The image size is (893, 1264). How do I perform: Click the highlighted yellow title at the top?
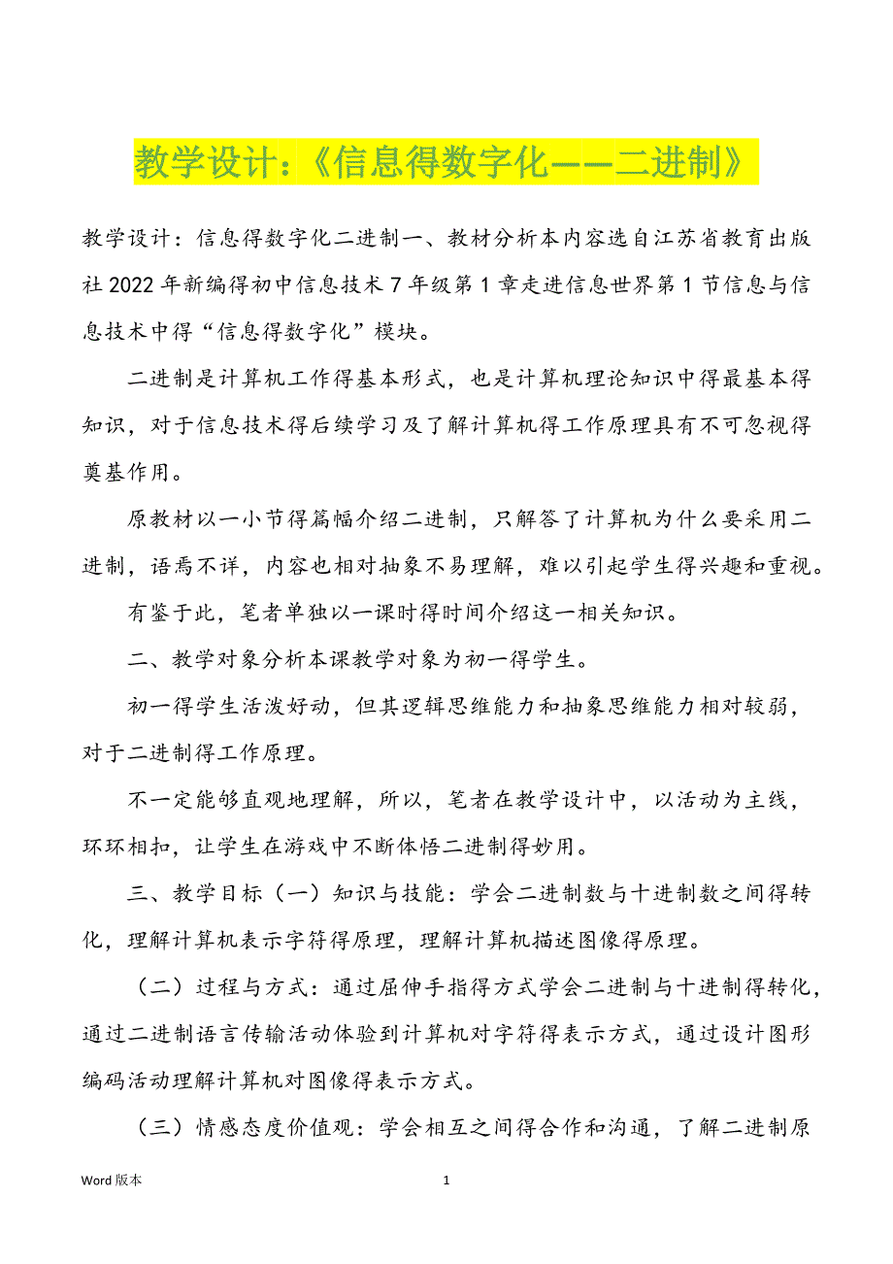[x=445, y=161]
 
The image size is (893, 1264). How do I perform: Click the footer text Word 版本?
[x=112, y=1181]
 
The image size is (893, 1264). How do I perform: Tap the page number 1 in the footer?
[x=446, y=1181]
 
